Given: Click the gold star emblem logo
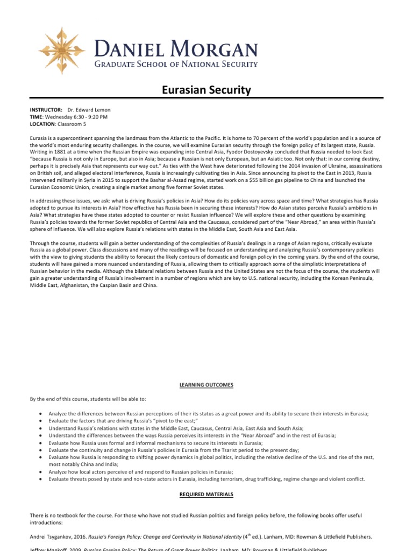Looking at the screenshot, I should (x=58, y=51).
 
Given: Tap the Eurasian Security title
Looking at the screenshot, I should (x=206, y=90).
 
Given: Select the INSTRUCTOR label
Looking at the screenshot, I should (x=46, y=110).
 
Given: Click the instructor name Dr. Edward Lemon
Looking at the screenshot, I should (x=89, y=110).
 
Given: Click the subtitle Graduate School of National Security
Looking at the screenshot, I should (x=176, y=65).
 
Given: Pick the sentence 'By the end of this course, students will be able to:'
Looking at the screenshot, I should (x=88, y=399).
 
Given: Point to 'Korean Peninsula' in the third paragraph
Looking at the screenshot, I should (x=360, y=279).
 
